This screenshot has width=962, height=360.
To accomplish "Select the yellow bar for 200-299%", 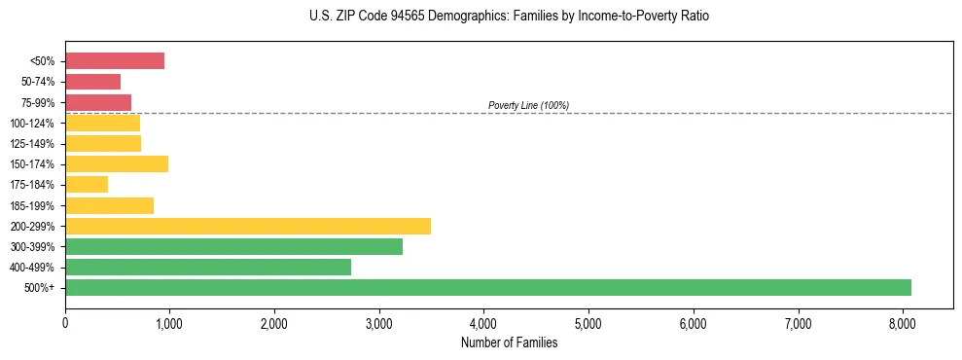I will [248, 226].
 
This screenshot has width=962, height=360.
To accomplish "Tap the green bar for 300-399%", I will [233, 246].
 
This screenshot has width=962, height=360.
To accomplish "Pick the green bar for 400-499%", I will [208, 267].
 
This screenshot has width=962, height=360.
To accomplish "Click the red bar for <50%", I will [115, 61].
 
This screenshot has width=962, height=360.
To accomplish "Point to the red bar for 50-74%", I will [92, 82].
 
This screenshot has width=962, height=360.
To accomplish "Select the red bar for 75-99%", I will [98, 102].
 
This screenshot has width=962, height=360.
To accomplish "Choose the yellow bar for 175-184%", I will [87, 184].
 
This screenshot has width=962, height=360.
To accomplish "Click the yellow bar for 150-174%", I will [117, 163].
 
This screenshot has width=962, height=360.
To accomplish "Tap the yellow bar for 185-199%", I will [109, 205].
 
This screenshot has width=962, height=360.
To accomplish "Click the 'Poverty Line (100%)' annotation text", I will [528, 105].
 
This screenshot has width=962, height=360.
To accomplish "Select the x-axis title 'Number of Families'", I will [509, 342].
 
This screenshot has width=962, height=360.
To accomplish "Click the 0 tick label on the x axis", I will [65, 323].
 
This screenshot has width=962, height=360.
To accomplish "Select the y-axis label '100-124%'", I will [33, 124].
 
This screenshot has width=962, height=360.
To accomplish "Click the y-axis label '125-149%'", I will [33, 144].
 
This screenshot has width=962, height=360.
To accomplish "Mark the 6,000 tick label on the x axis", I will [693, 323].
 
